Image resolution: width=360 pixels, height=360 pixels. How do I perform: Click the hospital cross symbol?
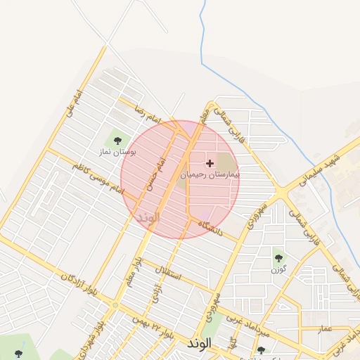click(210, 163)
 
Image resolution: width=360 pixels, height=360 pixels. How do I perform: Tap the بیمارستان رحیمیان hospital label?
click(210, 174)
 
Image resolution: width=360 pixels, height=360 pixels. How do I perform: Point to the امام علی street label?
click(74, 103)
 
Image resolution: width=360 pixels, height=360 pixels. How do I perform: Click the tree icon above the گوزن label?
click(278, 258)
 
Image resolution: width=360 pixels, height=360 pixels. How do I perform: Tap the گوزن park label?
click(278, 269)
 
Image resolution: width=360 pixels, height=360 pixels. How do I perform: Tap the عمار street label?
click(323, 328)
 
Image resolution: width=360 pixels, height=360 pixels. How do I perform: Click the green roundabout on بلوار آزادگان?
click(114, 305)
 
